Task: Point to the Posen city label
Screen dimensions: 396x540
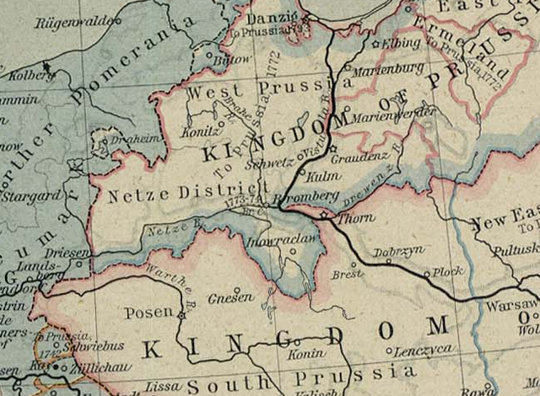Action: [148, 313]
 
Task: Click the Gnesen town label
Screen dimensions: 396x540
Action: [235, 297]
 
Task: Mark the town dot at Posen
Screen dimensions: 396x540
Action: [181, 315]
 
